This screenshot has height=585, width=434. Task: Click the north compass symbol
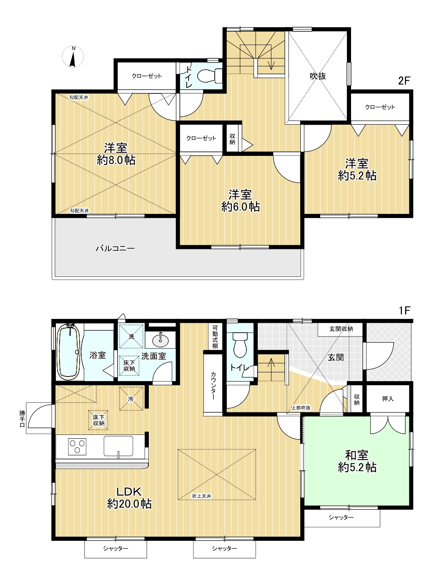(73, 56)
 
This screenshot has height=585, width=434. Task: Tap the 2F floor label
(404, 81)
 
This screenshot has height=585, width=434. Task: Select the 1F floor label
(404, 311)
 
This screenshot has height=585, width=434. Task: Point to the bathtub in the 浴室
(69, 352)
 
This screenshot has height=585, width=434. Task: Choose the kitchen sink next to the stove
(118, 446)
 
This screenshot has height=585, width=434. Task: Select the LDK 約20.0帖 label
(129, 497)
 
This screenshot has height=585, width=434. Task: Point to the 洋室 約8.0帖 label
(116, 154)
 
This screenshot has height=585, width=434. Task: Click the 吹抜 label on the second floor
(318, 76)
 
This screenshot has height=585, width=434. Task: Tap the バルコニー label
(115, 248)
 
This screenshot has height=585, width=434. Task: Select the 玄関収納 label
(341, 329)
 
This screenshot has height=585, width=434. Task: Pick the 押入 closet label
(388, 399)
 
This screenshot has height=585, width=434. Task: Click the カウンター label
(213, 385)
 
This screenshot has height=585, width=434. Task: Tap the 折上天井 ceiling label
(201, 496)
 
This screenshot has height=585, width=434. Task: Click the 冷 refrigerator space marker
(131, 399)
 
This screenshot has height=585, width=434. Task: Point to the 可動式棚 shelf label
(215, 337)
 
